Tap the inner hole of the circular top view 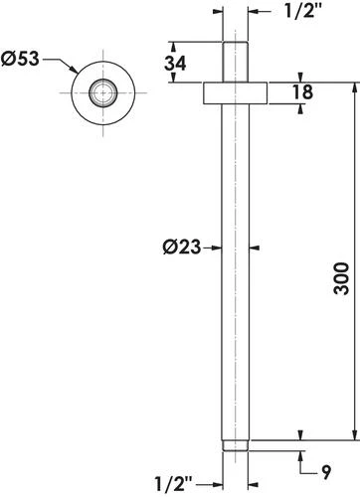[x=100, y=93]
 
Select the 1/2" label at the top [x=299, y=13]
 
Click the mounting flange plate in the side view [x=236, y=92]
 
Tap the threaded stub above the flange [x=236, y=62]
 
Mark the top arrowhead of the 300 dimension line [x=350, y=87]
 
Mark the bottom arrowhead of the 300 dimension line [x=350, y=434]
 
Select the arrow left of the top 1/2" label [x=254, y=13]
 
